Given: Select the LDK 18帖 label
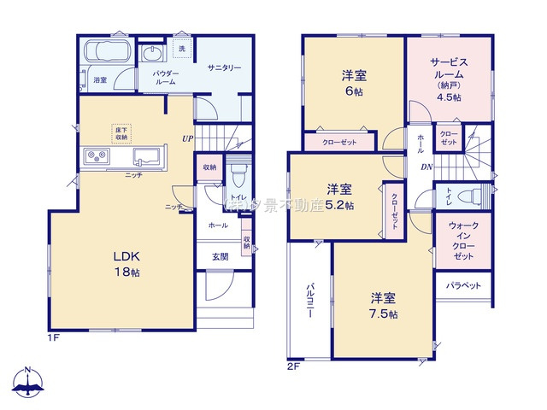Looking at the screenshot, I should point(122,262).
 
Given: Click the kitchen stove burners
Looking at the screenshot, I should point(95,157).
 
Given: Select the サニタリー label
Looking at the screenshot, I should point(224,67).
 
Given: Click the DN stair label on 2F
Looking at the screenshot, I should point(426,167).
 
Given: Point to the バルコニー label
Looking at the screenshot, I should point(309,302).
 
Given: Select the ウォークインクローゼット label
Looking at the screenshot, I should point(462,241).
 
